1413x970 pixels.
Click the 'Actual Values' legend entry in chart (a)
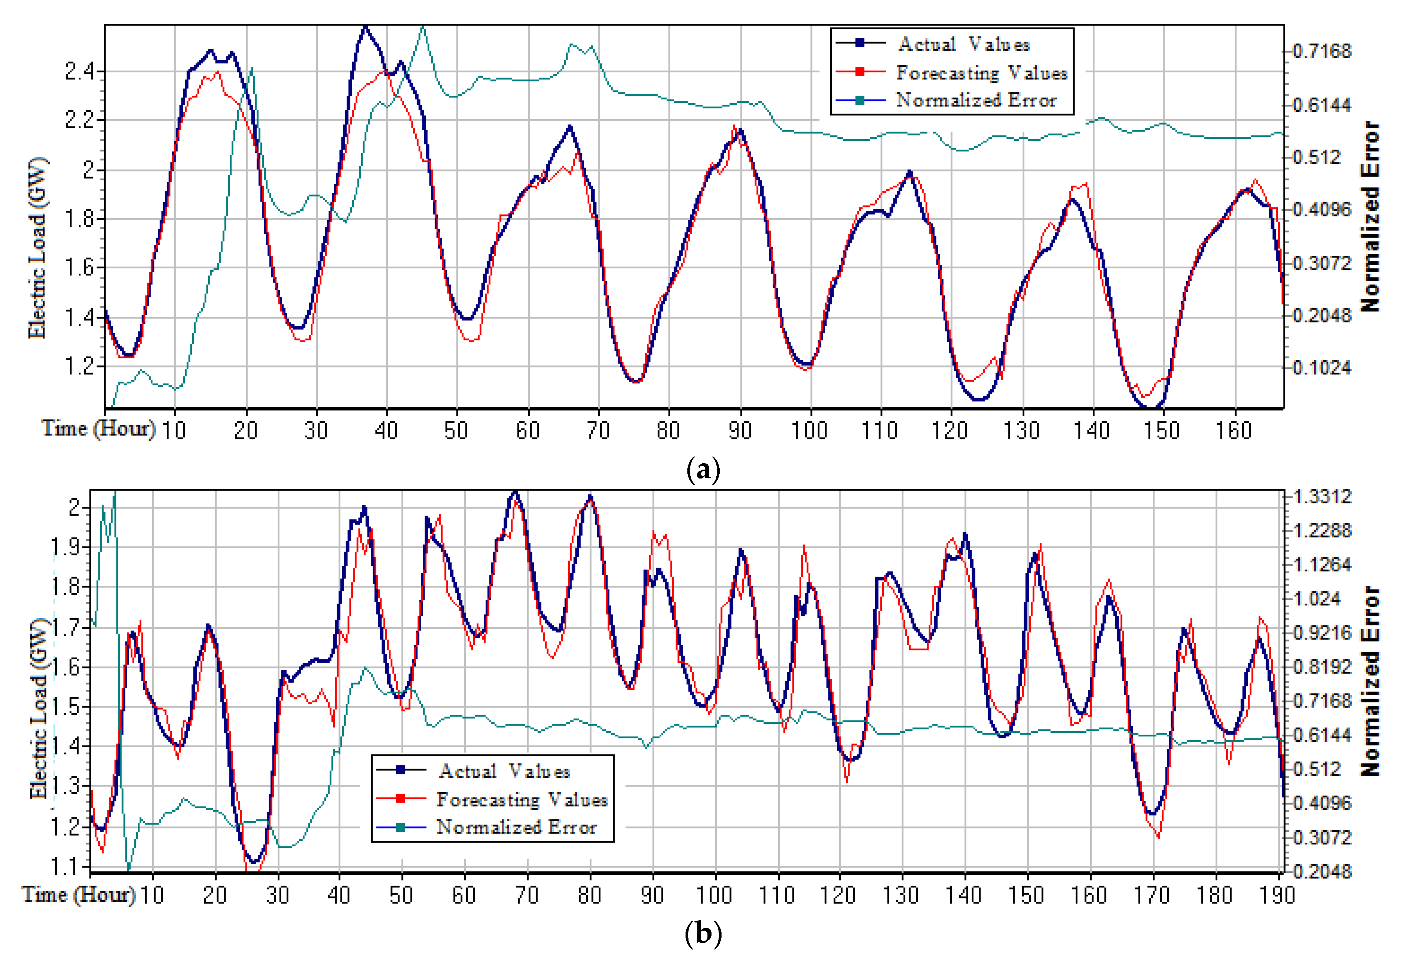coord(964,44)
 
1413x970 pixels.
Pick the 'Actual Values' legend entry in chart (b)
coord(504,771)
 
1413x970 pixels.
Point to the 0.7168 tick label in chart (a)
coord(1322,51)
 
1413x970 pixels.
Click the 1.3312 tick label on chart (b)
coord(1322,496)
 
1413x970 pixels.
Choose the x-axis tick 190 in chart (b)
coord(1278,895)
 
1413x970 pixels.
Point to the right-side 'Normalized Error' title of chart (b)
coord(1370,681)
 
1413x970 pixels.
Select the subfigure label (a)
coord(703,470)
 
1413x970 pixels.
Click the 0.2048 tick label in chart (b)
coord(1322,872)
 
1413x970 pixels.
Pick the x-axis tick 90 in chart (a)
coord(740,431)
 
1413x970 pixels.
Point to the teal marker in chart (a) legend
coord(860,100)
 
